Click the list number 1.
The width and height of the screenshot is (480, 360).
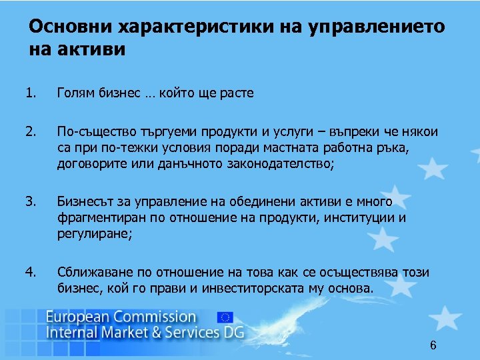point(30,93)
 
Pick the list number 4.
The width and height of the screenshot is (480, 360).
point(30,273)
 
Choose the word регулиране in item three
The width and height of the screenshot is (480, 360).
point(90,234)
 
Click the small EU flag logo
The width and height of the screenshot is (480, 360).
point(225,319)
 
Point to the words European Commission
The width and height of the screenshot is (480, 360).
point(121,317)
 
